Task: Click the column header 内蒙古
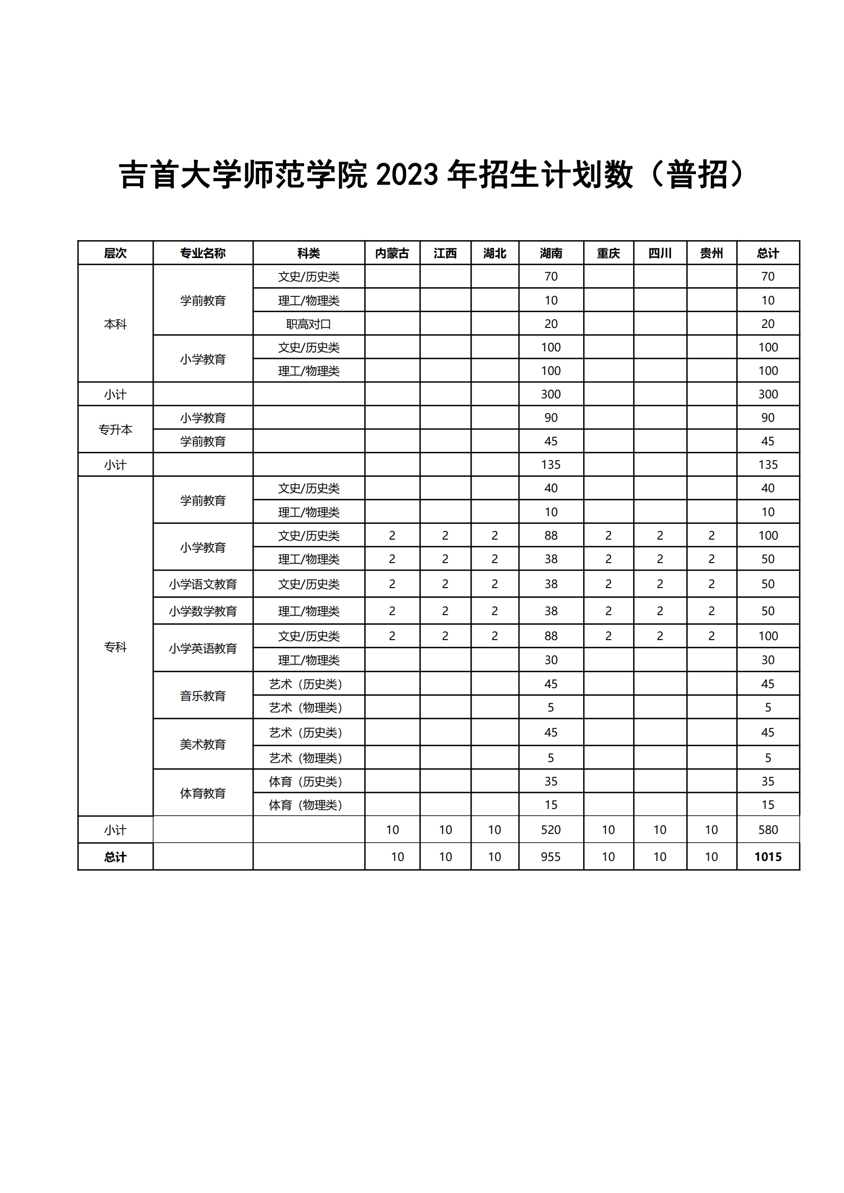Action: click(392, 253)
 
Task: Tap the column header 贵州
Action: click(711, 253)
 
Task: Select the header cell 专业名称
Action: click(203, 253)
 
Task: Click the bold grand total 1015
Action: click(767, 857)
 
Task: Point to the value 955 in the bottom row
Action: click(551, 857)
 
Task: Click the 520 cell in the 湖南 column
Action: click(551, 830)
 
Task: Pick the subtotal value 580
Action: click(767, 830)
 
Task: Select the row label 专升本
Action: click(115, 429)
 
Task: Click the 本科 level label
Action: click(115, 324)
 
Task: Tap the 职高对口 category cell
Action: click(309, 324)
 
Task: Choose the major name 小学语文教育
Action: click(203, 585)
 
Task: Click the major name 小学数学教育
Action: click(203, 611)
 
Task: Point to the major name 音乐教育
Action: click(203, 696)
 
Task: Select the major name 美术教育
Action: click(203, 745)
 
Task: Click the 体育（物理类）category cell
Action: click(306, 805)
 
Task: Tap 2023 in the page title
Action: click(407, 174)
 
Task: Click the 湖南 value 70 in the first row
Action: click(551, 276)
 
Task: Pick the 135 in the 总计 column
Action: click(767, 465)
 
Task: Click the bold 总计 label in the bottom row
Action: click(115, 857)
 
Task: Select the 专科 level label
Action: click(115, 647)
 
